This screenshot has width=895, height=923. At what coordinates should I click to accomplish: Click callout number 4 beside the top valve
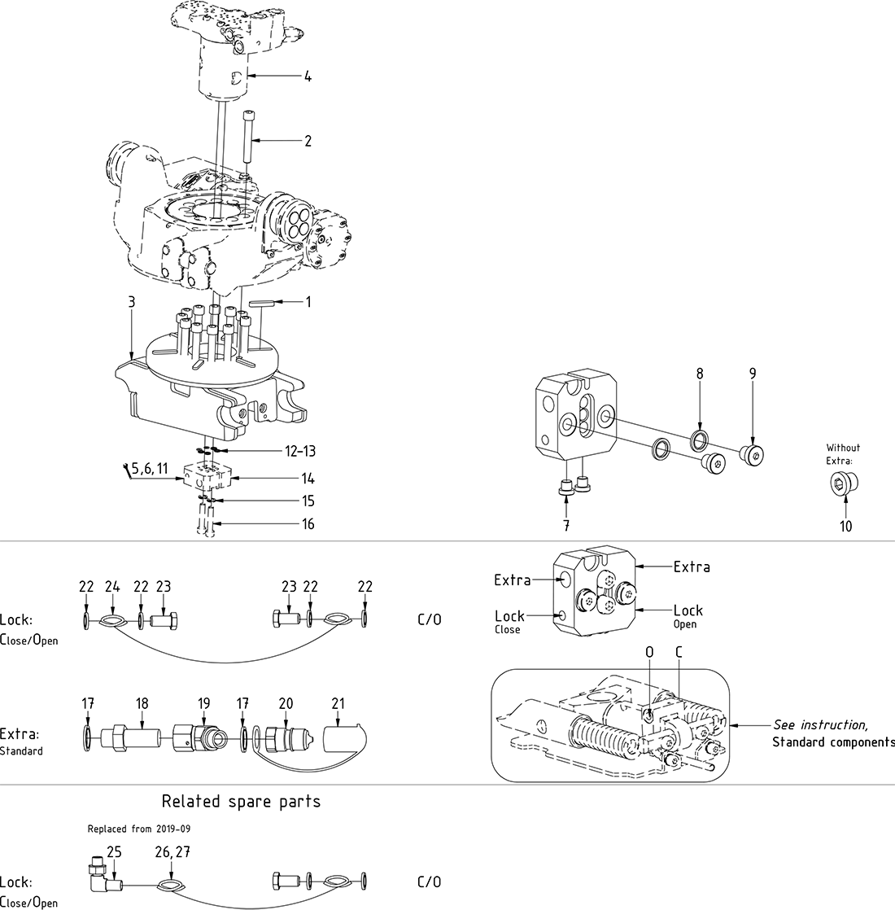308,77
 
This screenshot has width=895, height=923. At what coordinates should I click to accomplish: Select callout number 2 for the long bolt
308,141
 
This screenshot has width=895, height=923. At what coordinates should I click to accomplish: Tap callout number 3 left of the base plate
132,303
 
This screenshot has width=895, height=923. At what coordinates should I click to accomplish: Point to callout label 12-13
300,451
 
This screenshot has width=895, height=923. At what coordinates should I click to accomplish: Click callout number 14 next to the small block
308,479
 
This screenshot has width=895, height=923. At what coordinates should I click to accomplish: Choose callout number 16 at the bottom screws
308,524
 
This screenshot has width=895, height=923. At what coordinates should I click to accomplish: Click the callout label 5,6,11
149,468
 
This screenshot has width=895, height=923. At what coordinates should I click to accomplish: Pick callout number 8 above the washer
699,374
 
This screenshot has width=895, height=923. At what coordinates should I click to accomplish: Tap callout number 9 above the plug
753,374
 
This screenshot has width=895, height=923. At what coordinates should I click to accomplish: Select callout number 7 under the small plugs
565,527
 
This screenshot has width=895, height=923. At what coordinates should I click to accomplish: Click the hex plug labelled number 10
845,486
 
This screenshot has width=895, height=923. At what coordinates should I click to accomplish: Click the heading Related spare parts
241,802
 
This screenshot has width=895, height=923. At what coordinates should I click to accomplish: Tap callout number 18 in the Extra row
142,703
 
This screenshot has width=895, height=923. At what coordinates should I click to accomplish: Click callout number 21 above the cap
338,703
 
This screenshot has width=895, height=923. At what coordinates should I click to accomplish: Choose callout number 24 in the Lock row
112,587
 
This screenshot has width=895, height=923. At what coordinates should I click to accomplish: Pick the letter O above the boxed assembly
648,652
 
